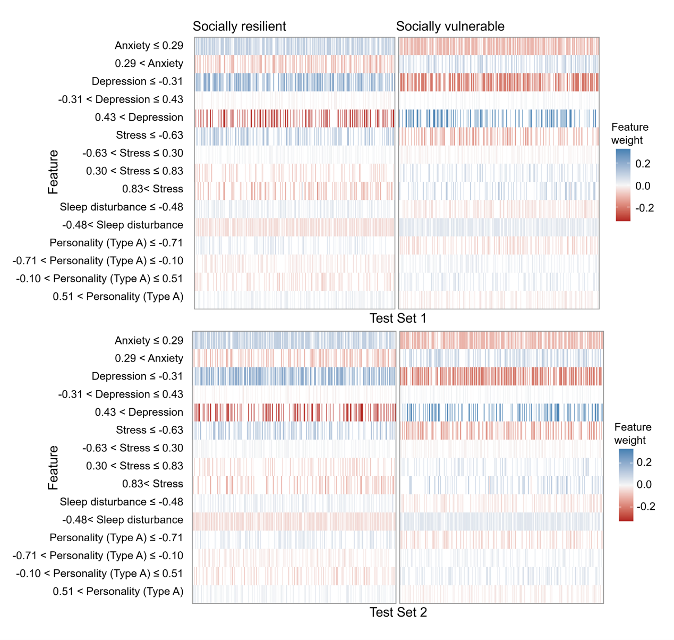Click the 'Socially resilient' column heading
(239, 27)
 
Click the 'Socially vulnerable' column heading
(450, 27)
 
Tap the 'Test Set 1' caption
(398, 318)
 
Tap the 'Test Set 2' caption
(398, 612)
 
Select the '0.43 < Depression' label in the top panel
(139, 117)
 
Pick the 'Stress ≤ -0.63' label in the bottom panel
(149, 430)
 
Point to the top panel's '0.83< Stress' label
(152, 189)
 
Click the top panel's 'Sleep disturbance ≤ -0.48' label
(121, 207)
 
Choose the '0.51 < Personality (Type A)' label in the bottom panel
(118, 592)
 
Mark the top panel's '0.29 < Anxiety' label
(149, 64)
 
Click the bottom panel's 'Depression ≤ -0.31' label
(137, 376)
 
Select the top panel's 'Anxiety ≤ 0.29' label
(149, 46)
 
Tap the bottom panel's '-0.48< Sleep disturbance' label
(122, 520)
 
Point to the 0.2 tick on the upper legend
(643, 164)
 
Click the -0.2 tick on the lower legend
(645, 507)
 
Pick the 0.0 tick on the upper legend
(643, 186)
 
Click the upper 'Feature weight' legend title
(629, 133)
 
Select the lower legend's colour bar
(626, 485)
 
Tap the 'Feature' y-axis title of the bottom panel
(53, 468)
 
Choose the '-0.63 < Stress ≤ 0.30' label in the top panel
(133, 153)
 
